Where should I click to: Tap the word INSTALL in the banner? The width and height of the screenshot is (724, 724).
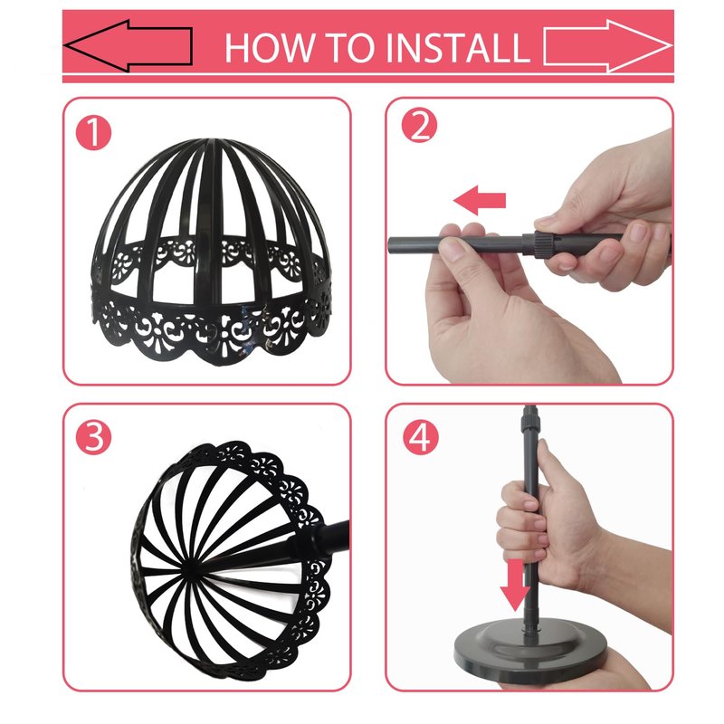pos(458,47)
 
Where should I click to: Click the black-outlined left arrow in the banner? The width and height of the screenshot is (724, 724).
pos(128,46)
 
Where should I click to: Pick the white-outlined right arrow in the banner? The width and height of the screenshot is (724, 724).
pos(607,46)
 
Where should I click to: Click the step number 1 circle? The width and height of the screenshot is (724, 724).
pos(94,132)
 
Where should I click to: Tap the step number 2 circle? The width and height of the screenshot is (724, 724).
pos(419,126)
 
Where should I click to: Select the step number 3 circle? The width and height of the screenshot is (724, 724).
pos(94,437)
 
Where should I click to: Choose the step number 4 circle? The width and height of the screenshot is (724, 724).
pos(420,437)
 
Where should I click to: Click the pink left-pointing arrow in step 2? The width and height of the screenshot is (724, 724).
pos(480,200)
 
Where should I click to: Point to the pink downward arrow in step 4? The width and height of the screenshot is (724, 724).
pos(515,585)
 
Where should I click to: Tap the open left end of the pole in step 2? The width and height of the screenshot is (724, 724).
pos(391,244)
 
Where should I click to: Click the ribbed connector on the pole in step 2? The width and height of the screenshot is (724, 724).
pos(538,243)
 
